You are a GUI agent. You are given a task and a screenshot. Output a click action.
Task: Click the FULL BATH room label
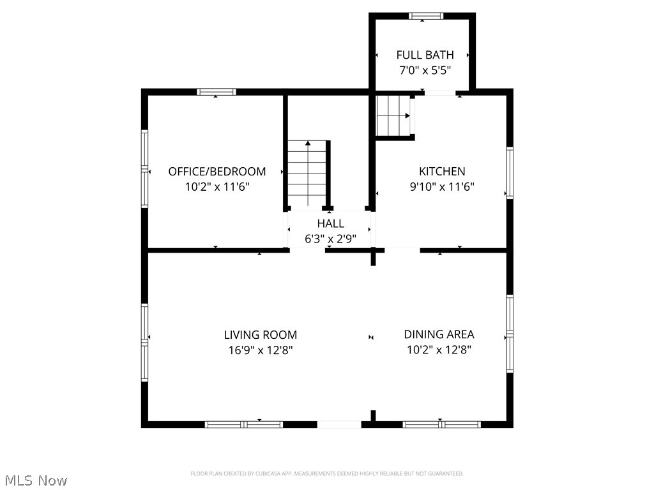(x=425, y=55)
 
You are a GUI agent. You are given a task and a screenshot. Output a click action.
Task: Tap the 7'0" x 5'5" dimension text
(x=425, y=71)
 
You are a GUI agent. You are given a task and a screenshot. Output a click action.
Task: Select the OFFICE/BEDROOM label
(x=217, y=172)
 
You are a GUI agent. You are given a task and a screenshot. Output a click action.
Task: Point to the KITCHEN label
(x=441, y=172)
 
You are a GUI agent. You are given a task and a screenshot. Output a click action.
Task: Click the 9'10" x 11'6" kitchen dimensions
(x=441, y=187)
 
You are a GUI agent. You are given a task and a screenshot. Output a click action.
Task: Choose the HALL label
(x=330, y=223)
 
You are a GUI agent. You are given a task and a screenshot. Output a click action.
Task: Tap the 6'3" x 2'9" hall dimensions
(x=330, y=239)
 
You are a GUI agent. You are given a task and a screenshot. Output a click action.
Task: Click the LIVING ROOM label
(x=260, y=335)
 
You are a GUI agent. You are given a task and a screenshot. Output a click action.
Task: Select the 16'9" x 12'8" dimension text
(x=260, y=350)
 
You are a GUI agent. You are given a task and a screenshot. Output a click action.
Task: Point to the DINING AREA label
(x=439, y=335)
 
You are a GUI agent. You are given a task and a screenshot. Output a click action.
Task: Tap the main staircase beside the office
(x=308, y=174)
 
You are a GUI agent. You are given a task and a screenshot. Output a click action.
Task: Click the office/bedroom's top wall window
(x=216, y=92)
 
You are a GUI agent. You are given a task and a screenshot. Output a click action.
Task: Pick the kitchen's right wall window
(x=510, y=172)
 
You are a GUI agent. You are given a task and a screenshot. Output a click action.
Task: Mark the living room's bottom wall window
(x=243, y=424)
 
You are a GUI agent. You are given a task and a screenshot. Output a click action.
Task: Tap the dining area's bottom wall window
(x=441, y=424)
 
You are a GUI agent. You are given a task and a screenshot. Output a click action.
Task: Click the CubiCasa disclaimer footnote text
(x=327, y=473)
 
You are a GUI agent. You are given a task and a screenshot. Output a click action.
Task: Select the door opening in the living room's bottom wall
(x=339, y=424)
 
